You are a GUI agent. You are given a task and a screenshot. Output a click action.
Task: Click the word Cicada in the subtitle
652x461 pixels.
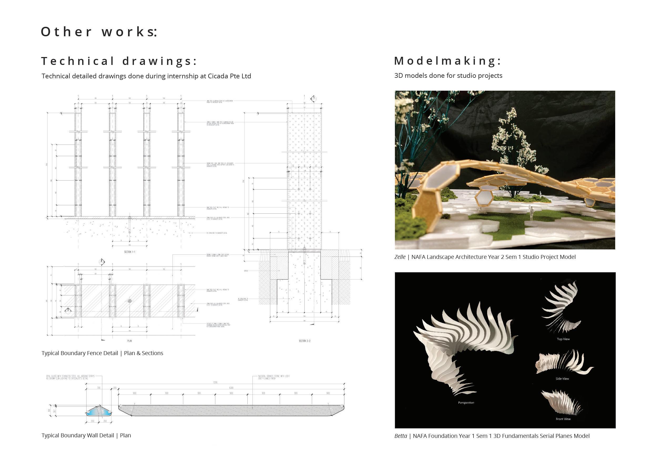[x=218, y=76]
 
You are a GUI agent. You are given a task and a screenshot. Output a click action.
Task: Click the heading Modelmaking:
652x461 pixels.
[x=447, y=61]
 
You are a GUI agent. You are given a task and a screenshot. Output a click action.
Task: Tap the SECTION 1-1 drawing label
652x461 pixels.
[x=130, y=252]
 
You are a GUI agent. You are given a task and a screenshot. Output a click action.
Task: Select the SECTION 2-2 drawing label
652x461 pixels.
[x=304, y=341]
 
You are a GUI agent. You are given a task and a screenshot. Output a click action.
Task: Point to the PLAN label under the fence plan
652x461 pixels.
[x=130, y=341]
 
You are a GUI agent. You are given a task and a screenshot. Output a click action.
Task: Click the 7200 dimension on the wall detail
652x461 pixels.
[x=215, y=382]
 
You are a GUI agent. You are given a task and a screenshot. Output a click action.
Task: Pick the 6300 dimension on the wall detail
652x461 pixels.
[x=231, y=388]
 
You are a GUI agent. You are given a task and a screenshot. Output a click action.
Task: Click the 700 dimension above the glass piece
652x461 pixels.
[x=99, y=388]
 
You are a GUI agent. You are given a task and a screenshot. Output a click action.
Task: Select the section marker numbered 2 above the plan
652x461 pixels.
[x=101, y=261]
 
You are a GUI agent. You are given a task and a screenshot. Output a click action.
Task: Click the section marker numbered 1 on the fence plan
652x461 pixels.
[x=68, y=310]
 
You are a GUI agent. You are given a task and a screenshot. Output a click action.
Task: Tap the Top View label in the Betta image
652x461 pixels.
[x=563, y=339]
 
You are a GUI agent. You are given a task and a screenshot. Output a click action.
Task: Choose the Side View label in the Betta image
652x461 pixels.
[x=562, y=379]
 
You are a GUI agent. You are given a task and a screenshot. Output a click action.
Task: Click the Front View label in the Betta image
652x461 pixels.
[x=563, y=419]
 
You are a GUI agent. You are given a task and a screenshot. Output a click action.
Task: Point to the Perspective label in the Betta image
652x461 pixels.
[x=466, y=403]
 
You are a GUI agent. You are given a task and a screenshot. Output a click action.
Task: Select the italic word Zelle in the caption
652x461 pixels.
[x=400, y=257]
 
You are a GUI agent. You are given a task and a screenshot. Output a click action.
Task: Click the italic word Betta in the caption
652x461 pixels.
[x=400, y=436]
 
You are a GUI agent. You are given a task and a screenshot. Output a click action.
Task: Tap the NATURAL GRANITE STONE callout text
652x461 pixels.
[x=274, y=377]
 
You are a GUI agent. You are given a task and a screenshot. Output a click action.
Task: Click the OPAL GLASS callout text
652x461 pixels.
[x=70, y=377]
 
